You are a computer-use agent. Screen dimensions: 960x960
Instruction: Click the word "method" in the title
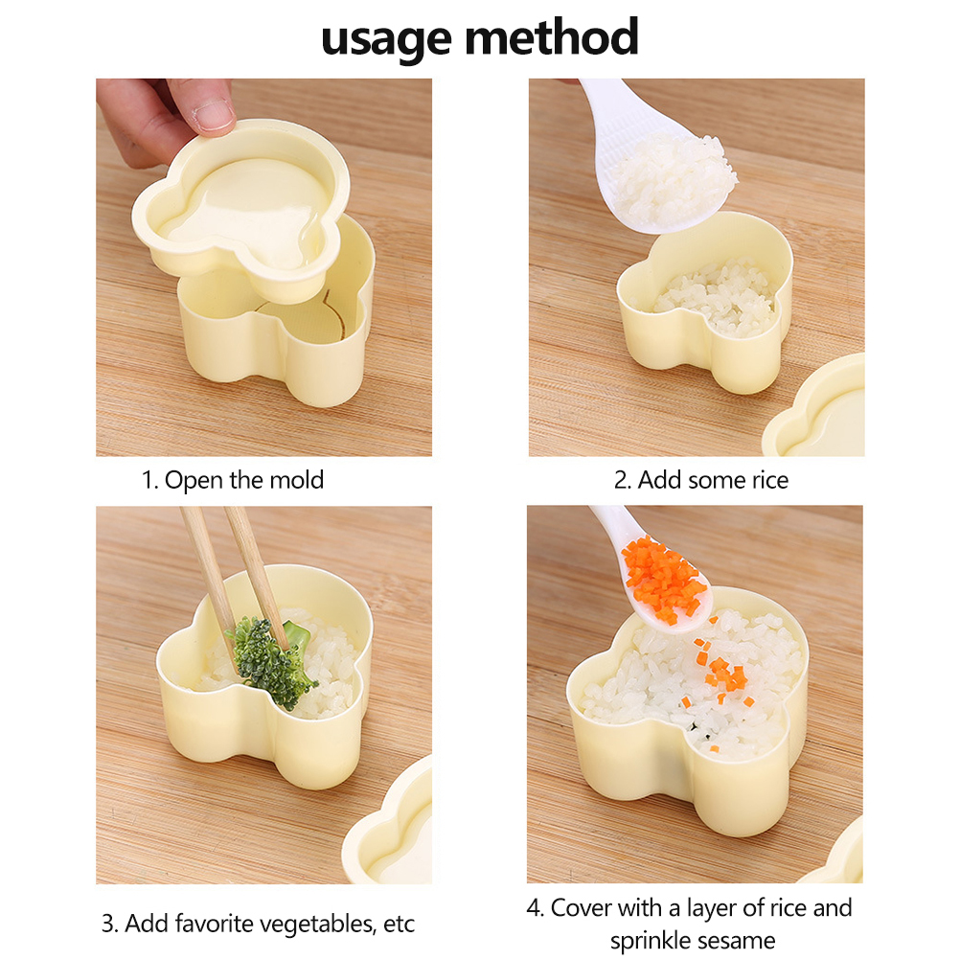coord(552,36)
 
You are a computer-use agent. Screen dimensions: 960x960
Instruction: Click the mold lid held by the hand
coord(241,208)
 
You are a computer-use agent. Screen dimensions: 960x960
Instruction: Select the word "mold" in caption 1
coord(296,480)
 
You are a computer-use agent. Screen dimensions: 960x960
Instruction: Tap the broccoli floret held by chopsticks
coord(269,661)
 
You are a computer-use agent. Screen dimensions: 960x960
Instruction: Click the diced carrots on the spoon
coord(663,579)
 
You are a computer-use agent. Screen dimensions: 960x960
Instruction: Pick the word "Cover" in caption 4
coord(580,908)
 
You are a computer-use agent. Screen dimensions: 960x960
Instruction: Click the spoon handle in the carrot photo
coord(612,524)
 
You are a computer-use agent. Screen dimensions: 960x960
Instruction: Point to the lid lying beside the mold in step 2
coord(815,409)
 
